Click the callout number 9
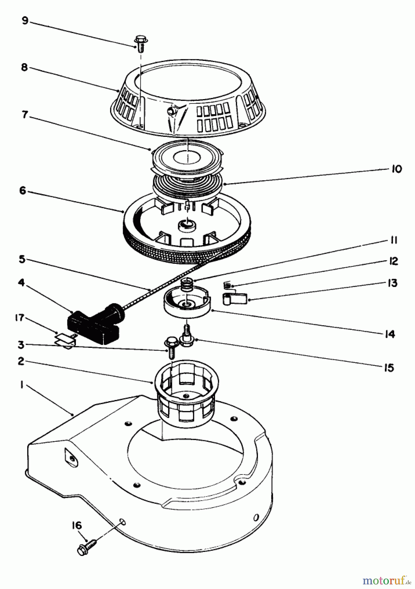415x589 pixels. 25,21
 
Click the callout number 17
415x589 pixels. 20,317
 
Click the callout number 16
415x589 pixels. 77,526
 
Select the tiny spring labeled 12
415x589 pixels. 227,285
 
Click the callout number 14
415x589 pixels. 390,334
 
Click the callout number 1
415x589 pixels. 22,385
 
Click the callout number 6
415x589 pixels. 22,190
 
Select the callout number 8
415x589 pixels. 24,67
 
